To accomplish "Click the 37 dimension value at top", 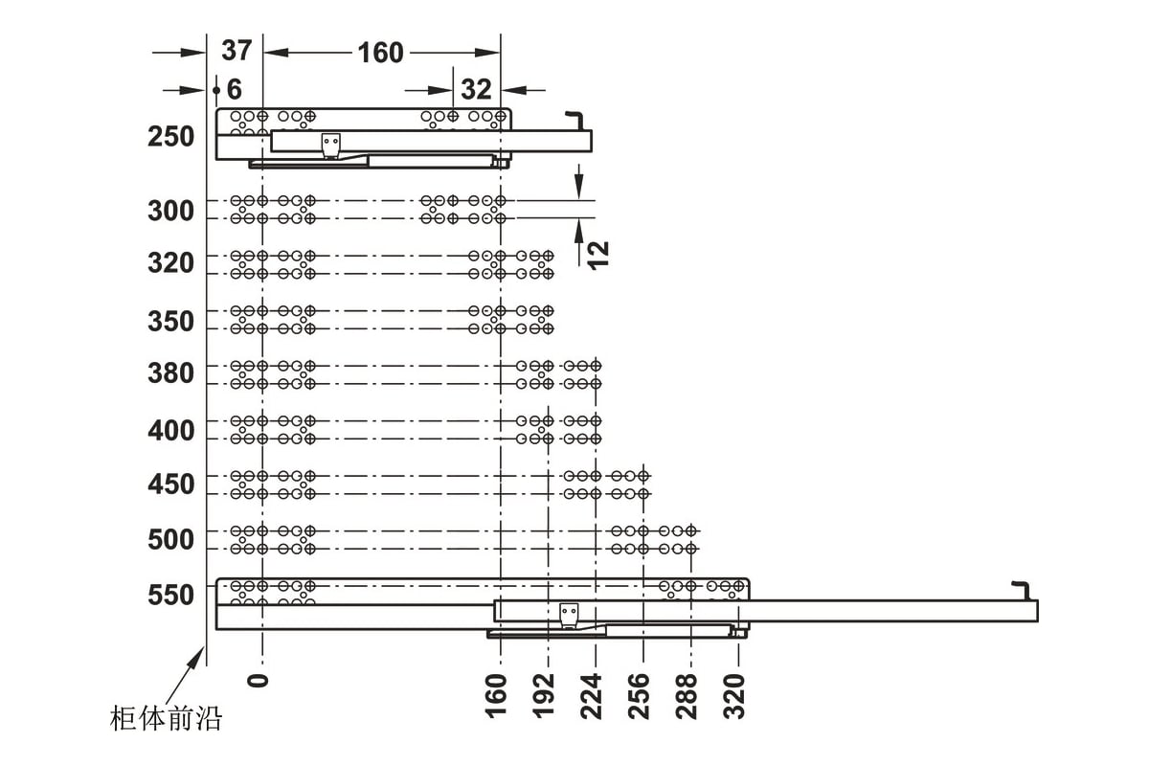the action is click(237, 51).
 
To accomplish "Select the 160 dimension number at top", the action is click(381, 53).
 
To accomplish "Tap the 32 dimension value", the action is click(476, 90).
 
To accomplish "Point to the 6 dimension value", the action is click(234, 90).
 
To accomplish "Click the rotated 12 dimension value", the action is click(598, 255).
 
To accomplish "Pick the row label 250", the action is click(170, 137).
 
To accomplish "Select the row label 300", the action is click(170, 211).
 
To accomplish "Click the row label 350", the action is click(170, 321).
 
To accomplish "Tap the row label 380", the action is click(170, 373).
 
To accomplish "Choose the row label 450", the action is click(170, 484).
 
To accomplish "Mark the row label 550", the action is click(170, 596).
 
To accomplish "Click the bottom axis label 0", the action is click(258, 681).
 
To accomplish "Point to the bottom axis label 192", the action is click(543, 696).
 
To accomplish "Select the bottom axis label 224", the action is click(591, 696).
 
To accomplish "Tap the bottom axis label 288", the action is click(687, 696).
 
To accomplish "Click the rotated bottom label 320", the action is click(733, 696).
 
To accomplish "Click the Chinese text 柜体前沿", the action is click(166, 718).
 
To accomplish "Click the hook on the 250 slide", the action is click(575, 121).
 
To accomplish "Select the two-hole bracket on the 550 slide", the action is click(569, 615).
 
